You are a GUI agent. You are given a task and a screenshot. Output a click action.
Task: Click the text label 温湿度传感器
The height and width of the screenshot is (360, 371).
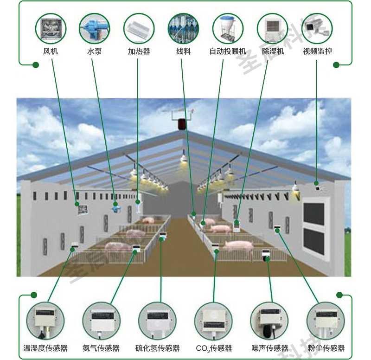click(45, 348)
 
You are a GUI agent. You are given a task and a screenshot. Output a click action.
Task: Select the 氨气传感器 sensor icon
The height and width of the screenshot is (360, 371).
click(101, 321)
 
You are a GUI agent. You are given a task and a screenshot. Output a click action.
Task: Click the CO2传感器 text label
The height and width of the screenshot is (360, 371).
click(214, 348)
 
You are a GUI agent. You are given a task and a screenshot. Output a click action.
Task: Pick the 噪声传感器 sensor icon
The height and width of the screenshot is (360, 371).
click(269, 321)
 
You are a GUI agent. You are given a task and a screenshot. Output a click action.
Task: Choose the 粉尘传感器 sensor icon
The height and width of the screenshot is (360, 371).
click(326, 321)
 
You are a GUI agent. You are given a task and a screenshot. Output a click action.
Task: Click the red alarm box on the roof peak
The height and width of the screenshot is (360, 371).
click(182, 124)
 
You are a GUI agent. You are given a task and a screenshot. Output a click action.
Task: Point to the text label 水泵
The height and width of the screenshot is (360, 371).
click(94, 51)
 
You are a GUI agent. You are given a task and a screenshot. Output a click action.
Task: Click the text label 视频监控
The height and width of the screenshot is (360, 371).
click(317, 51)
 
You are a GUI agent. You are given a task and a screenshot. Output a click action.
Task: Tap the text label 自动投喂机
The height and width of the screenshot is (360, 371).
click(227, 51)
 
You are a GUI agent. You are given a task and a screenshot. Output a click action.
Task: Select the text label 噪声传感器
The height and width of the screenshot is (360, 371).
click(269, 348)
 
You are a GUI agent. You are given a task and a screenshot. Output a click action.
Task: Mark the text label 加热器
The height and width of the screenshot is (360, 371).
click(139, 51)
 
